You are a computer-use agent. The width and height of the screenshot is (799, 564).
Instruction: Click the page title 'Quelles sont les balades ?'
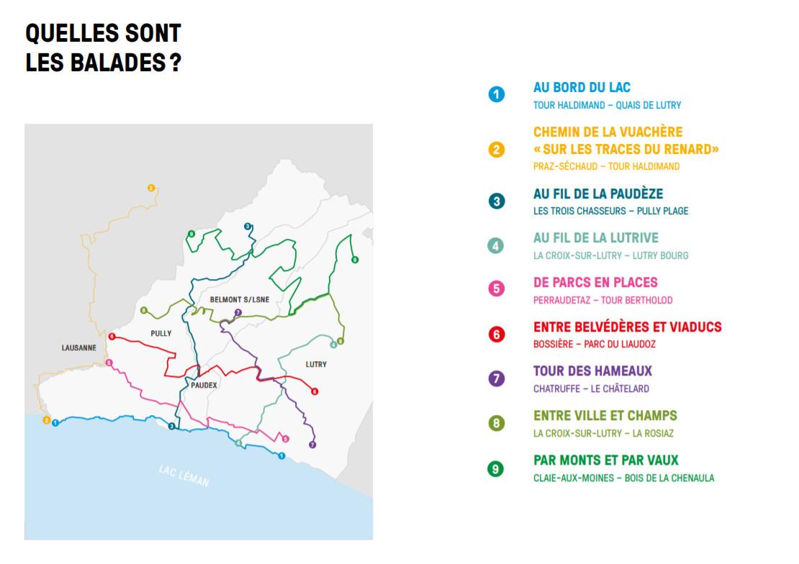point(103,48)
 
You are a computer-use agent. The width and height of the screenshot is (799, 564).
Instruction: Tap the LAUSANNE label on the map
point(79,347)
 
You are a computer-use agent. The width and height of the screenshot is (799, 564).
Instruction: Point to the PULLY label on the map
point(161,334)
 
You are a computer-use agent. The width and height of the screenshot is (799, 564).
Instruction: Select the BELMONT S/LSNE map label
point(240,299)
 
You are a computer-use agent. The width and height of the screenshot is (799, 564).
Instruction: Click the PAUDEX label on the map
point(204,386)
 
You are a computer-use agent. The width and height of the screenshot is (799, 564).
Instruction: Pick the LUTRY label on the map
point(316,364)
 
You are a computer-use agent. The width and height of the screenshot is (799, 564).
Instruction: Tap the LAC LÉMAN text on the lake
point(184,476)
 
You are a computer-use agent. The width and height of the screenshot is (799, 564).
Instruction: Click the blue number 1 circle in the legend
point(496,94)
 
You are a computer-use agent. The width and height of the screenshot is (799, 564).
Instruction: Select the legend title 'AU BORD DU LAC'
point(582,88)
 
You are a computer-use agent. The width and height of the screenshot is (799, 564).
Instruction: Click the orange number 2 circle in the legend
point(496,150)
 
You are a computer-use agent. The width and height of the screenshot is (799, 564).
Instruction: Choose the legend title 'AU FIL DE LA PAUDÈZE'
point(598,194)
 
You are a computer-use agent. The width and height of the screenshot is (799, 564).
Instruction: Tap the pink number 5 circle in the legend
point(496,289)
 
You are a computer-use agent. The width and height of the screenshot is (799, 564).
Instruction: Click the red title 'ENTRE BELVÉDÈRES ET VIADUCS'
point(627,327)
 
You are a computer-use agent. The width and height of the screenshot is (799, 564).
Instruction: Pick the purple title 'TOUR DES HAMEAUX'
point(592,371)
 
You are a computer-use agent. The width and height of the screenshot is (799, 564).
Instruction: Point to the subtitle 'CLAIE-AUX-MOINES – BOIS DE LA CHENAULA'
point(623,478)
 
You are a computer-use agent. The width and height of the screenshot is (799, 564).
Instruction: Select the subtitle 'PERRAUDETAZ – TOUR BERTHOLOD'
point(602,300)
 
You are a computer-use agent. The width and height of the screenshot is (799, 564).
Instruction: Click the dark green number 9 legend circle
point(496,468)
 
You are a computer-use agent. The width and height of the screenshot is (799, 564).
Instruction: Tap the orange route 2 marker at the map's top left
point(151,188)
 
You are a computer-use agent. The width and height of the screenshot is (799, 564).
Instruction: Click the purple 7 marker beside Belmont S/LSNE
point(238,312)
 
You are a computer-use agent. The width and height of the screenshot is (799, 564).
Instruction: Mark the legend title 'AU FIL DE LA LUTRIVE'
point(596,238)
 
